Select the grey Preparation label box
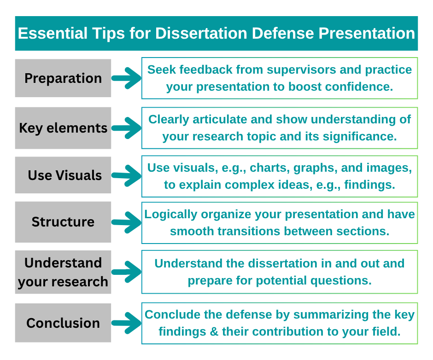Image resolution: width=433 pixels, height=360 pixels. click(63, 78)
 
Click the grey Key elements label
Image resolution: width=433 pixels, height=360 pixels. click(63, 128)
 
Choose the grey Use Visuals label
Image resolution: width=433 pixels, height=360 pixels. click(63, 175)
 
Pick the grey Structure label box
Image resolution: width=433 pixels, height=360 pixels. click(63, 222)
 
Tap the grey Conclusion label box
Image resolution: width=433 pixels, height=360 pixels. click(63, 323)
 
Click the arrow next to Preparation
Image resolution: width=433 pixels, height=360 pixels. click(126, 79)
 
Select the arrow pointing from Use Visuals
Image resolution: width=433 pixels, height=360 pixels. click(126, 176)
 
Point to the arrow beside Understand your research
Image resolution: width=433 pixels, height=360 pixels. click(126, 272)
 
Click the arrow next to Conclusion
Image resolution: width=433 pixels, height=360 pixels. click(126, 323)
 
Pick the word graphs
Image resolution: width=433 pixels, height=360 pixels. click(316, 168)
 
